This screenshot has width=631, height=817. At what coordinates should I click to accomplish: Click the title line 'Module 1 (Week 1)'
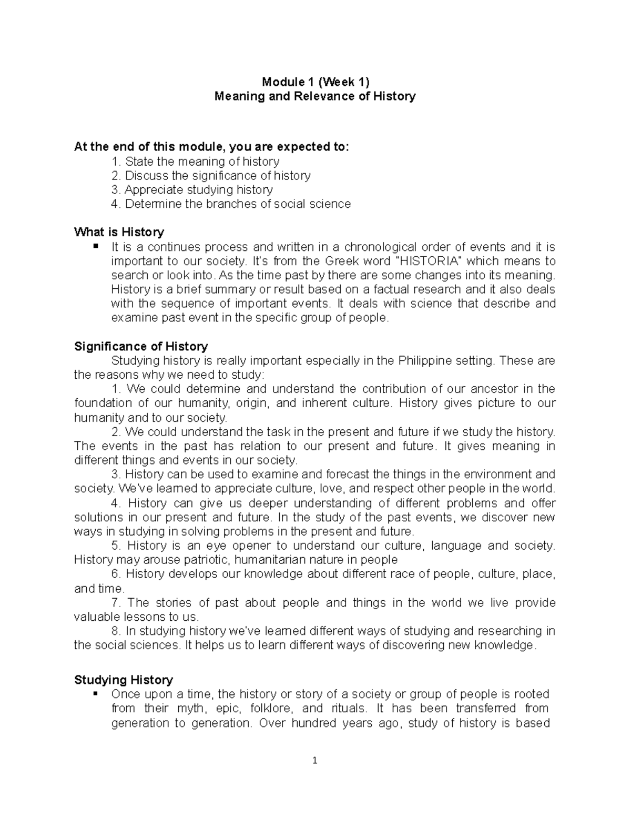coord(315,82)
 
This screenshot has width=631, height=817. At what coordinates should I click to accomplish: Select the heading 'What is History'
coord(119,232)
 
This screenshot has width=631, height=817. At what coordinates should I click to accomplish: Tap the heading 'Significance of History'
coord(141,346)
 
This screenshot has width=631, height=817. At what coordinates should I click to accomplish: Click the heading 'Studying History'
coord(124,680)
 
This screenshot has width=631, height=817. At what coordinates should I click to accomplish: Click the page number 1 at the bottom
coord(315,760)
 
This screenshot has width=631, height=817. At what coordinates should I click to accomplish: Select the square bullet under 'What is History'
coord(95,246)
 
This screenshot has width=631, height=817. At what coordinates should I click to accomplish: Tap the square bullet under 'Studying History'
coord(95,694)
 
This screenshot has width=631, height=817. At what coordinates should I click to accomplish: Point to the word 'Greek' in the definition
coord(341,261)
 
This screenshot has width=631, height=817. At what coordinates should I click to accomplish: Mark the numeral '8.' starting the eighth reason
coord(117,631)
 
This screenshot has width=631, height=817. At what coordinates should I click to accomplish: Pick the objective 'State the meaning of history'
coord(202,161)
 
